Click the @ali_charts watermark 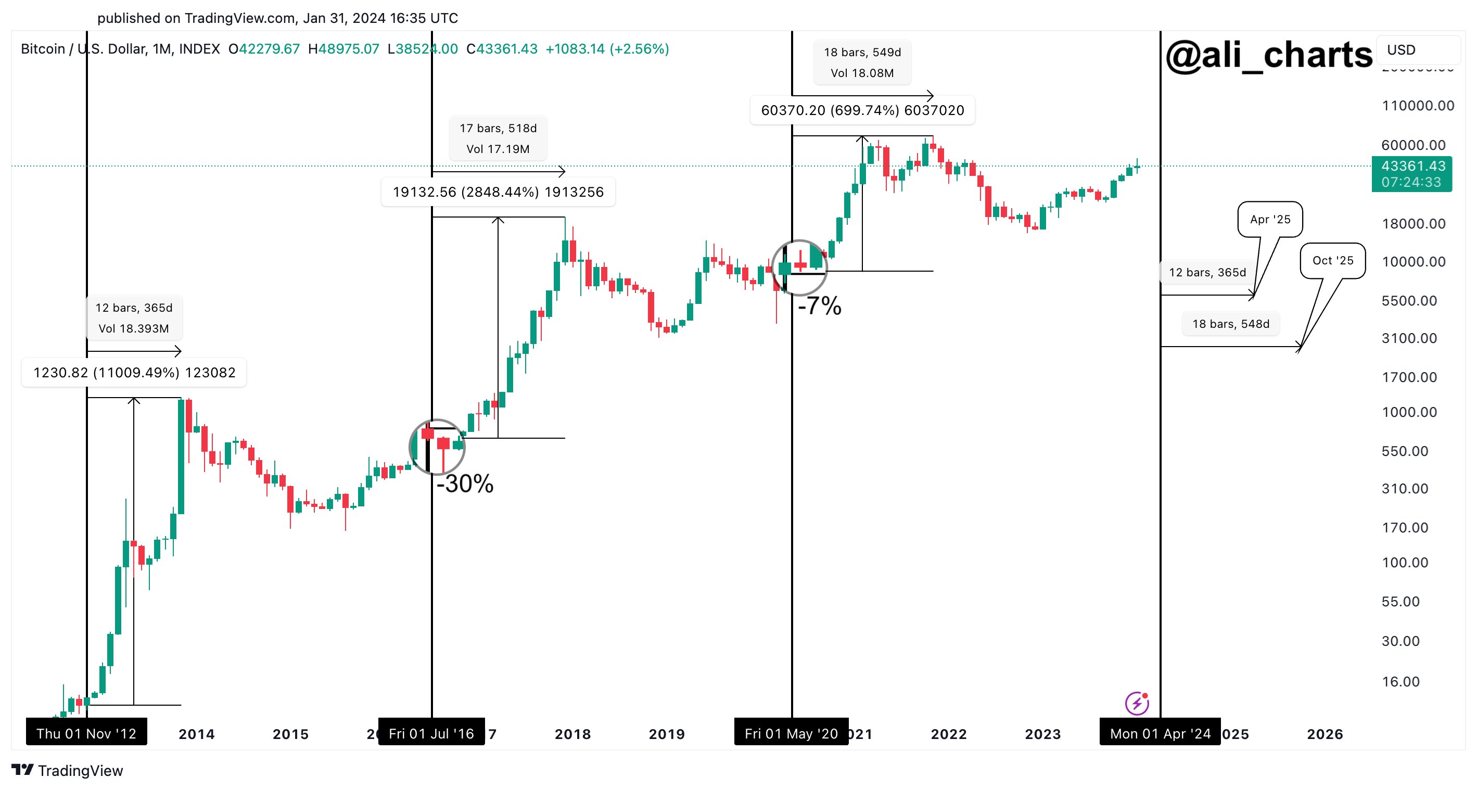click(1268, 56)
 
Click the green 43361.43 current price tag click(1411, 174)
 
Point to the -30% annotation click(465, 484)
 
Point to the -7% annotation click(819, 306)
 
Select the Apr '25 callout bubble click(1269, 220)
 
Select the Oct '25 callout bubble click(1332, 261)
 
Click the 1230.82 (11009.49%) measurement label click(134, 373)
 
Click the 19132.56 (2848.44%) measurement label click(498, 192)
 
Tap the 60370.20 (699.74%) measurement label click(862, 110)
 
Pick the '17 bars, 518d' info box click(498, 138)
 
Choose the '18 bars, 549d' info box click(862, 62)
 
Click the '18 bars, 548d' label click(1230, 324)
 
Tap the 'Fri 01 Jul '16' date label click(431, 733)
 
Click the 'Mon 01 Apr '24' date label click(1160, 733)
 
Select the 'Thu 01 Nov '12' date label click(86, 733)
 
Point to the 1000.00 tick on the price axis click(1409, 412)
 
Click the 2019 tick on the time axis click(666, 734)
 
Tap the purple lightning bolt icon click(1137, 704)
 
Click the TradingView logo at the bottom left click(67, 771)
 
